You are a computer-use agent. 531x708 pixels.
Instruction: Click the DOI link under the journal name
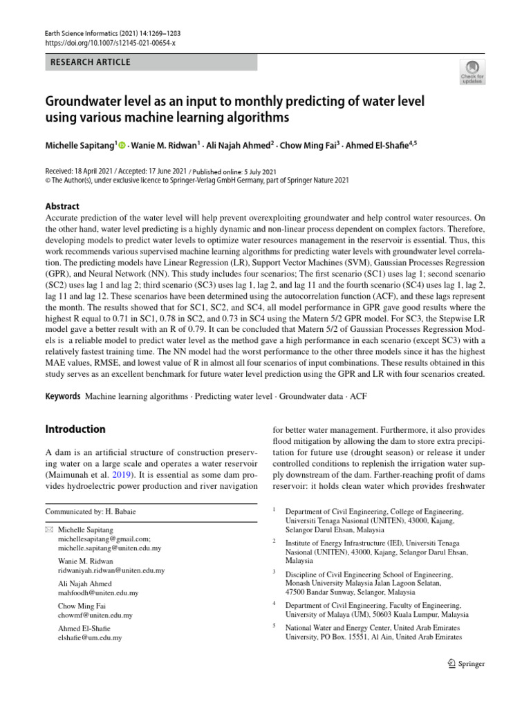point(111,44)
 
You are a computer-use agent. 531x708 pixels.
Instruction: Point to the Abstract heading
point(62,206)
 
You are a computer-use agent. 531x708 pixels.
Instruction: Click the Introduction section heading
point(75,429)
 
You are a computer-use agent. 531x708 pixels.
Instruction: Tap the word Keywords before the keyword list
point(62,398)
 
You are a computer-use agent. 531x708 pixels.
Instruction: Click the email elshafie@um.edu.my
point(90,637)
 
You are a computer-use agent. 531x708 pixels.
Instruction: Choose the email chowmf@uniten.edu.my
point(95,615)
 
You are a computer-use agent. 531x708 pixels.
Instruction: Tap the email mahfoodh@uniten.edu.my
point(98,593)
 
